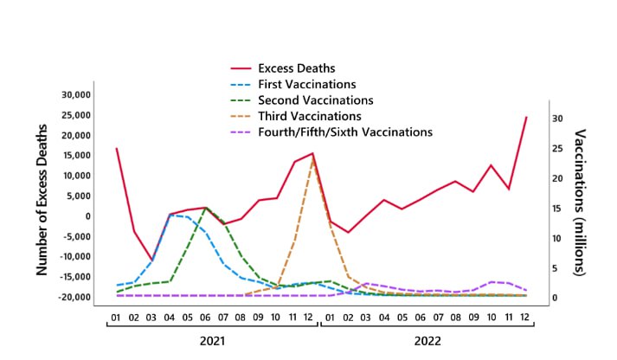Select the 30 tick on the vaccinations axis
(558, 119)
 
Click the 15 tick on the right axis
(558, 209)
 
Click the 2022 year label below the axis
(428, 342)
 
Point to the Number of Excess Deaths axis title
(41, 196)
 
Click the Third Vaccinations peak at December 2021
(312, 158)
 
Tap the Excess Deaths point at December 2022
(526, 117)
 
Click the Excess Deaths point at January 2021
(116, 149)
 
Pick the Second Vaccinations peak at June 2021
(206, 209)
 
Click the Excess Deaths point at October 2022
(491, 165)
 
